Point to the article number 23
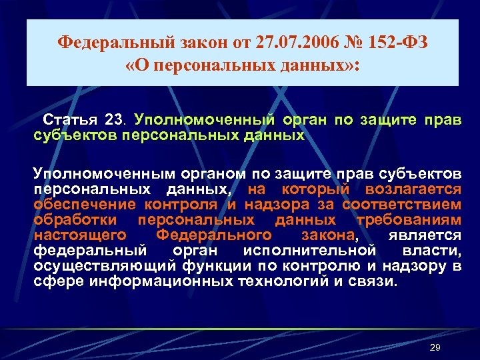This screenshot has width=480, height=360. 114,121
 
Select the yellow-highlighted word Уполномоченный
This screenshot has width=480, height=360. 205,121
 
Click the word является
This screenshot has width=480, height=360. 424,235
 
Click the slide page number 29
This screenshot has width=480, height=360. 435,348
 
